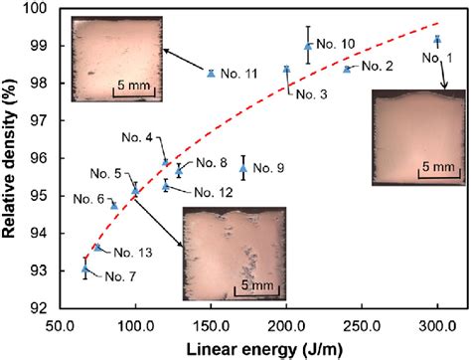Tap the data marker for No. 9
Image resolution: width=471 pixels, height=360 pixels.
(x=243, y=169)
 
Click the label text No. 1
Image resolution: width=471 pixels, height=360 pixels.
(x=439, y=58)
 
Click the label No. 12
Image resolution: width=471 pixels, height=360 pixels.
(x=210, y=192)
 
